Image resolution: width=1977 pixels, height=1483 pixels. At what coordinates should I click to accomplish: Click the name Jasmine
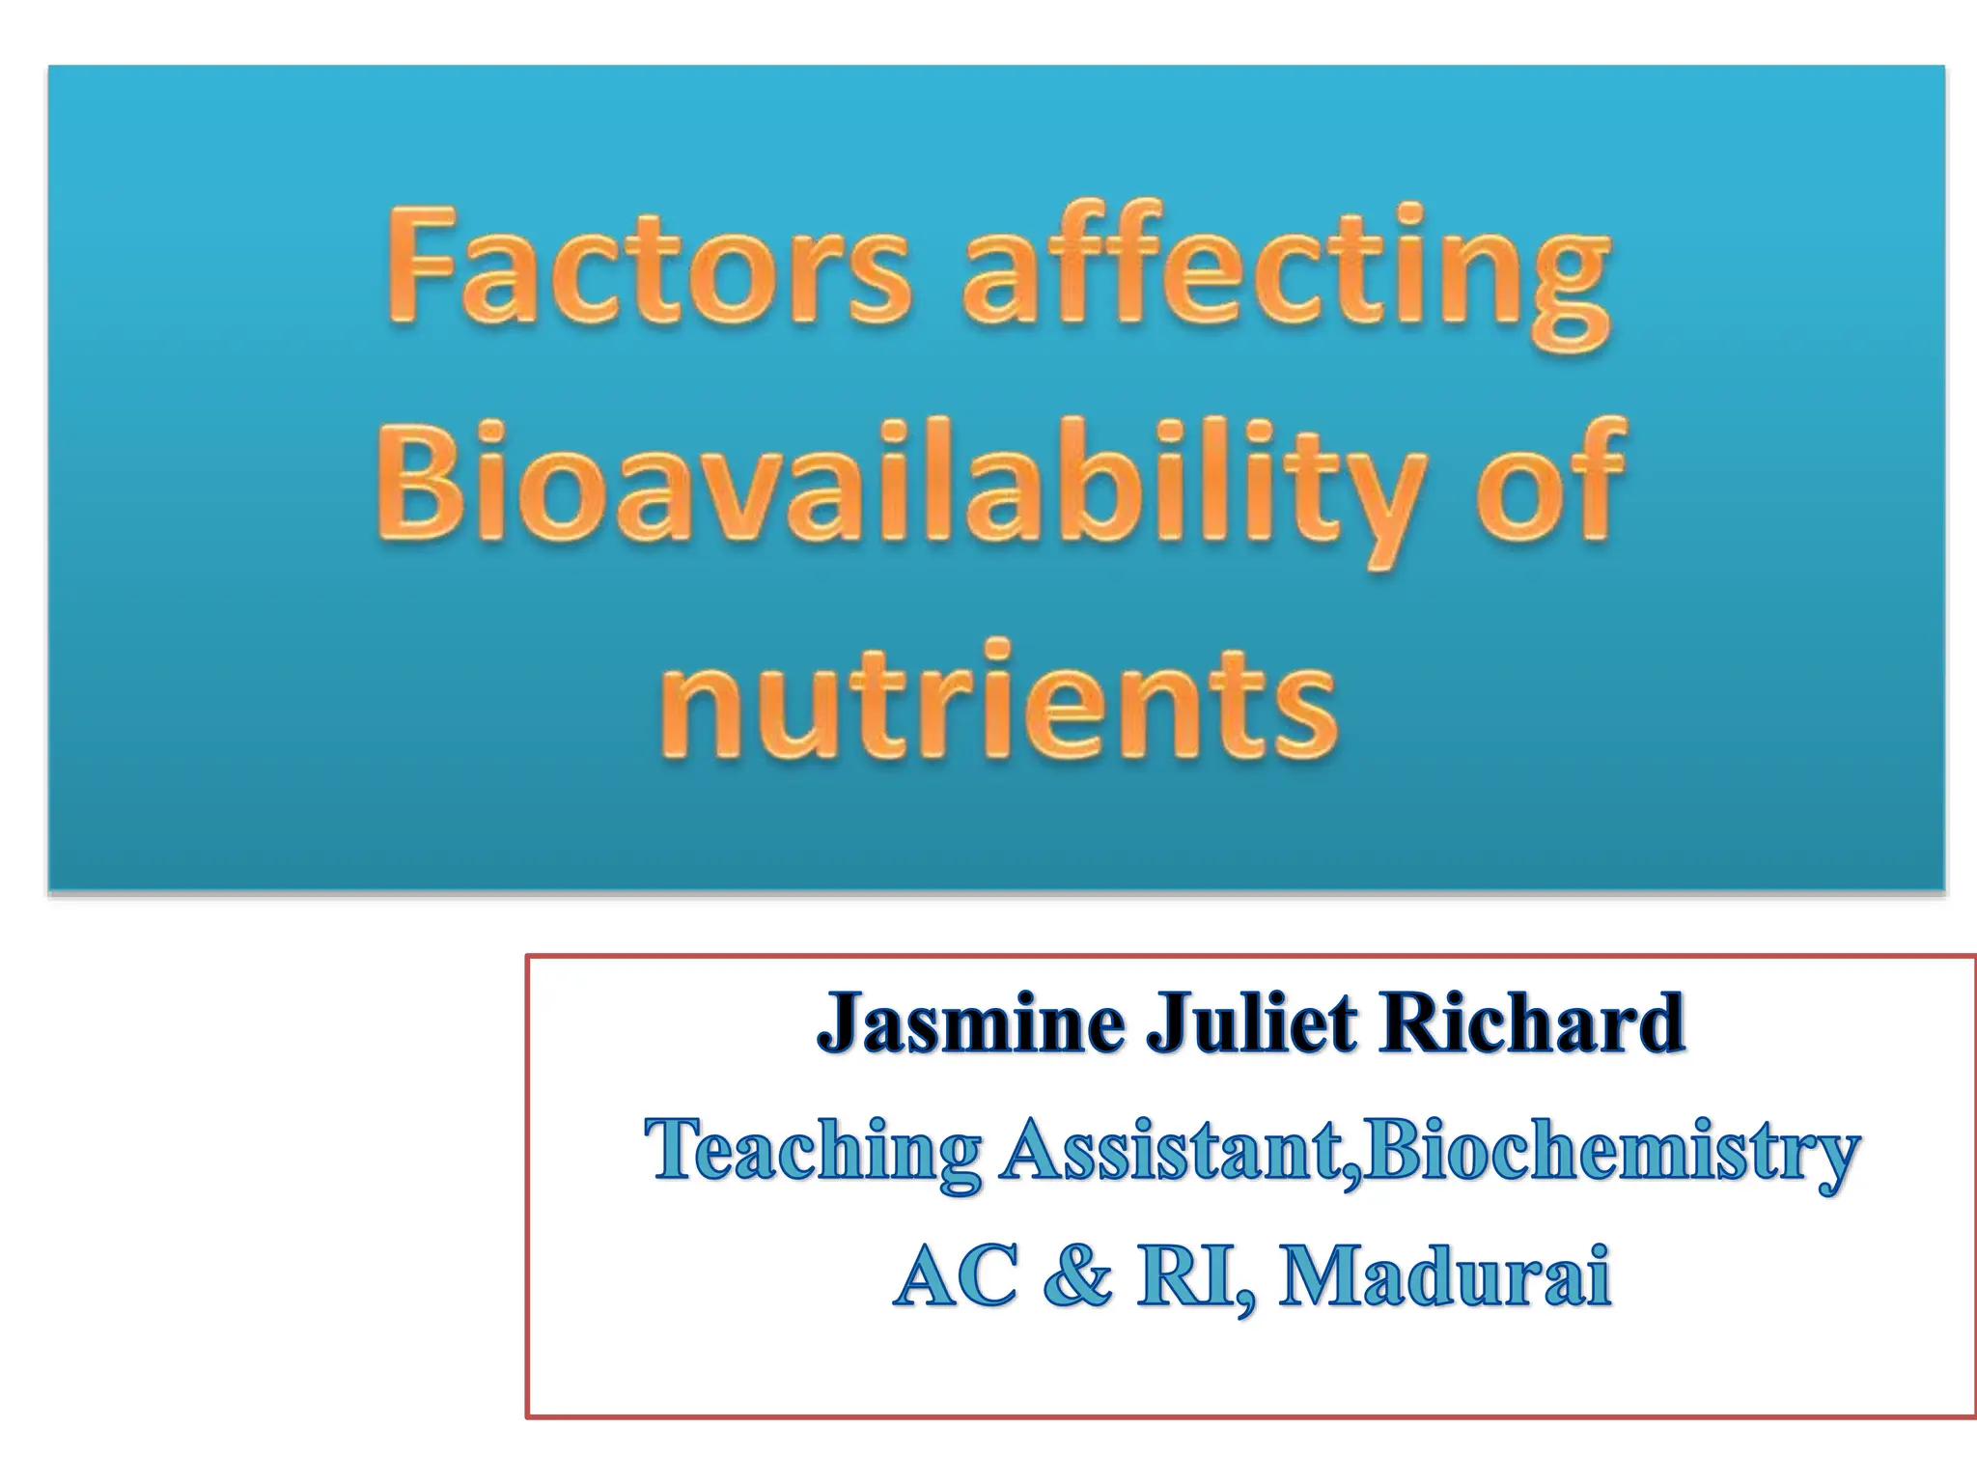click(x=969, y=1024)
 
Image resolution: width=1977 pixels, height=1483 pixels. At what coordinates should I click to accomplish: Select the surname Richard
click(x=1531, y=1024)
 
